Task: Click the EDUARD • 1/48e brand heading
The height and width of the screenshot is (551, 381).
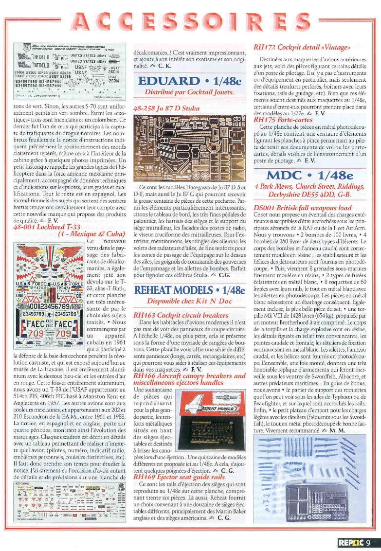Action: coord(189,80)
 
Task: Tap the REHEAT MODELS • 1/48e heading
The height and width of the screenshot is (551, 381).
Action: coord(189,291)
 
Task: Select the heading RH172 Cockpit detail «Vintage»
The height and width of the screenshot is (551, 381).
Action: coord(302,47)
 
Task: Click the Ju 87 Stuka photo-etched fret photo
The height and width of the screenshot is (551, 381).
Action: coord(189,147)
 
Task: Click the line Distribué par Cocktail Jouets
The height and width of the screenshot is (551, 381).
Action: coord(189,91)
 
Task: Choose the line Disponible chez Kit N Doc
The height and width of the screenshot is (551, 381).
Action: coord(189,302)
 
